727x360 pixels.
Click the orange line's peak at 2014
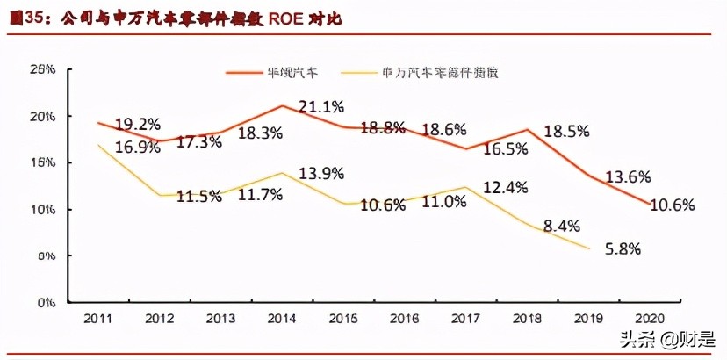pyautogui.click(x=282, y=105)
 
